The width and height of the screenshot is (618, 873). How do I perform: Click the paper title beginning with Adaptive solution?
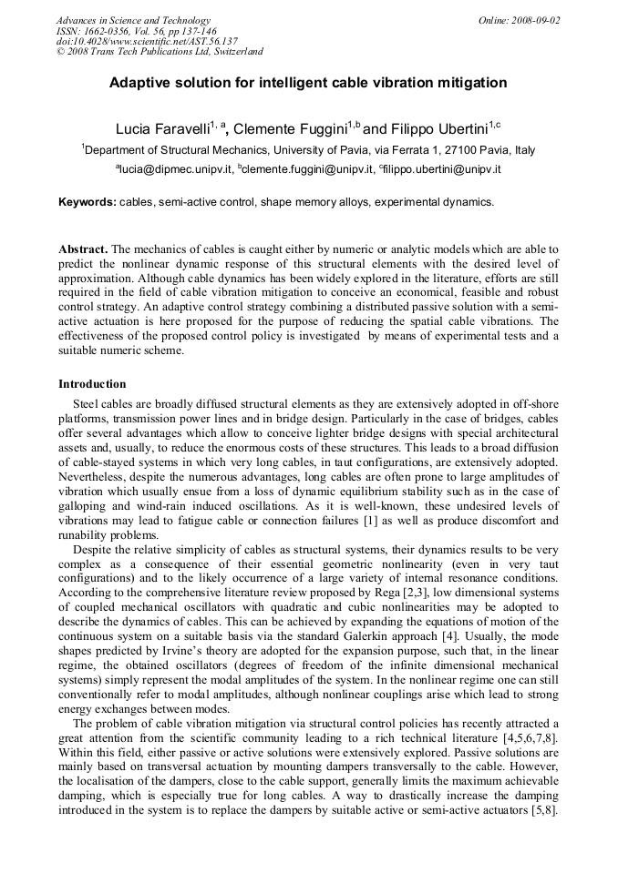pos(308,83)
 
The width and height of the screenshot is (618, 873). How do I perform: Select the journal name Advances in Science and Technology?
pos(133,20)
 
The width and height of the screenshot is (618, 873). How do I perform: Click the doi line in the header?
pos(147,41)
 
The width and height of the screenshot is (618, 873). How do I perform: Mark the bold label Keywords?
pos(88,202)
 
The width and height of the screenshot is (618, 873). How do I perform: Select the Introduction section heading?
pos(92,384)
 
